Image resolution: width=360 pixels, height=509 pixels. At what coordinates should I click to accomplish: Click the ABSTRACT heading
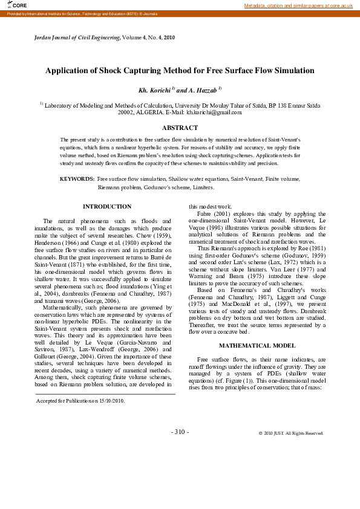tap(180, 128)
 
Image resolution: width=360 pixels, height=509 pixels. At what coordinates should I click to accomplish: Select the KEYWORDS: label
tap(77, 180)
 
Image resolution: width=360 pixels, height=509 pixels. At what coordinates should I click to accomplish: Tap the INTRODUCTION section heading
tap(106, 207)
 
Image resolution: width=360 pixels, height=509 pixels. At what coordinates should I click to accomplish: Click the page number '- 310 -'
tap(180, 432)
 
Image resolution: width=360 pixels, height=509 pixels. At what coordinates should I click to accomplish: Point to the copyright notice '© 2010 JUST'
tap(291, 433)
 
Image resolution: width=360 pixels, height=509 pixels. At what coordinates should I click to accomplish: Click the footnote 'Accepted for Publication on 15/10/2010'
tap(80, 401)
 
